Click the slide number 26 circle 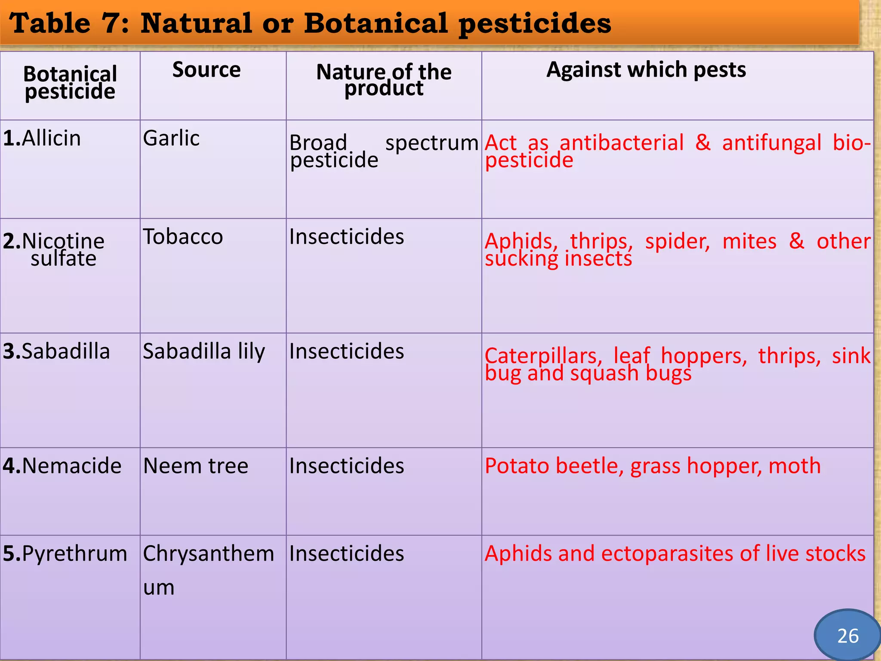tap(847, 636)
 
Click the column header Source tap(206, 70)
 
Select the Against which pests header tap(646, 70)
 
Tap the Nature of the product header tap(384, 80)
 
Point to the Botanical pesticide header tap(70, 83)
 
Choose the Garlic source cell tap(171, 138)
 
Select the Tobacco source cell tap(183, 236)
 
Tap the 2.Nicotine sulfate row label tap(54, 249)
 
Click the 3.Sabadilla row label tap(56, 351)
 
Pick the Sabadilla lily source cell tap(204, 351)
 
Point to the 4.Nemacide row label tap(62, 466)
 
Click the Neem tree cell tap(196, 466)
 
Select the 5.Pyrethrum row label tap(65, 553)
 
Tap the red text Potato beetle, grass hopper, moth tap(653, 466)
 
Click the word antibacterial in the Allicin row tap(621, 143)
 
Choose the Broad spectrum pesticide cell tap(383, 151)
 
